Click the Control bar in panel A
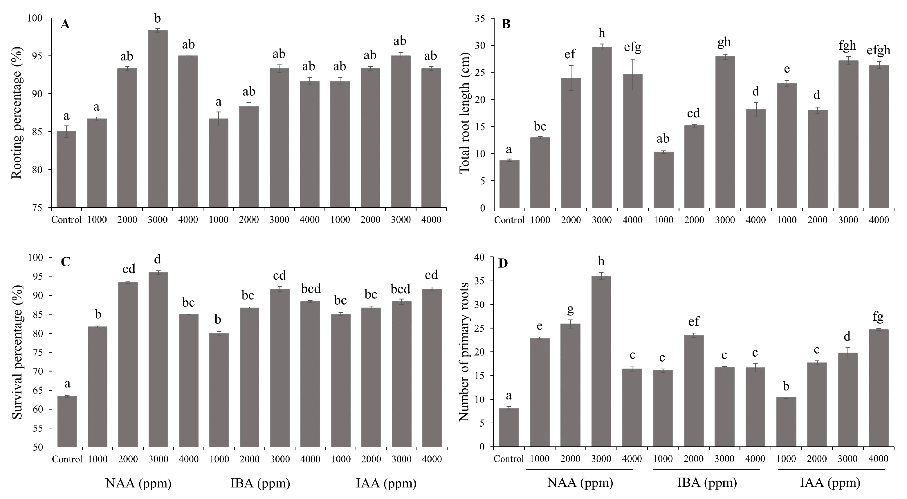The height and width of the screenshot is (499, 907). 66,169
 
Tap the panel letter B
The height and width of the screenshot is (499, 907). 506,24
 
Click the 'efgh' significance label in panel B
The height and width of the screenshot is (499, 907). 879,50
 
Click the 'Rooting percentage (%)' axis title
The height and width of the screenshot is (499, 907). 17,113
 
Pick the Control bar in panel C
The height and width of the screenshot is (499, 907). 67,421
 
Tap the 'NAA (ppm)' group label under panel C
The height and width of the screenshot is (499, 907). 138,483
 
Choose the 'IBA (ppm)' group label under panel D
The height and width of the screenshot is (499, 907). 707,482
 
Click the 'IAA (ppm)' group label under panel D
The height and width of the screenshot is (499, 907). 830,482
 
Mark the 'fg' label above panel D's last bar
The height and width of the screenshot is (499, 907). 878,317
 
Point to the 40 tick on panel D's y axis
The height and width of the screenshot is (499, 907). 479,257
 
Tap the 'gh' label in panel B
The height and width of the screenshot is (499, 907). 724,42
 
